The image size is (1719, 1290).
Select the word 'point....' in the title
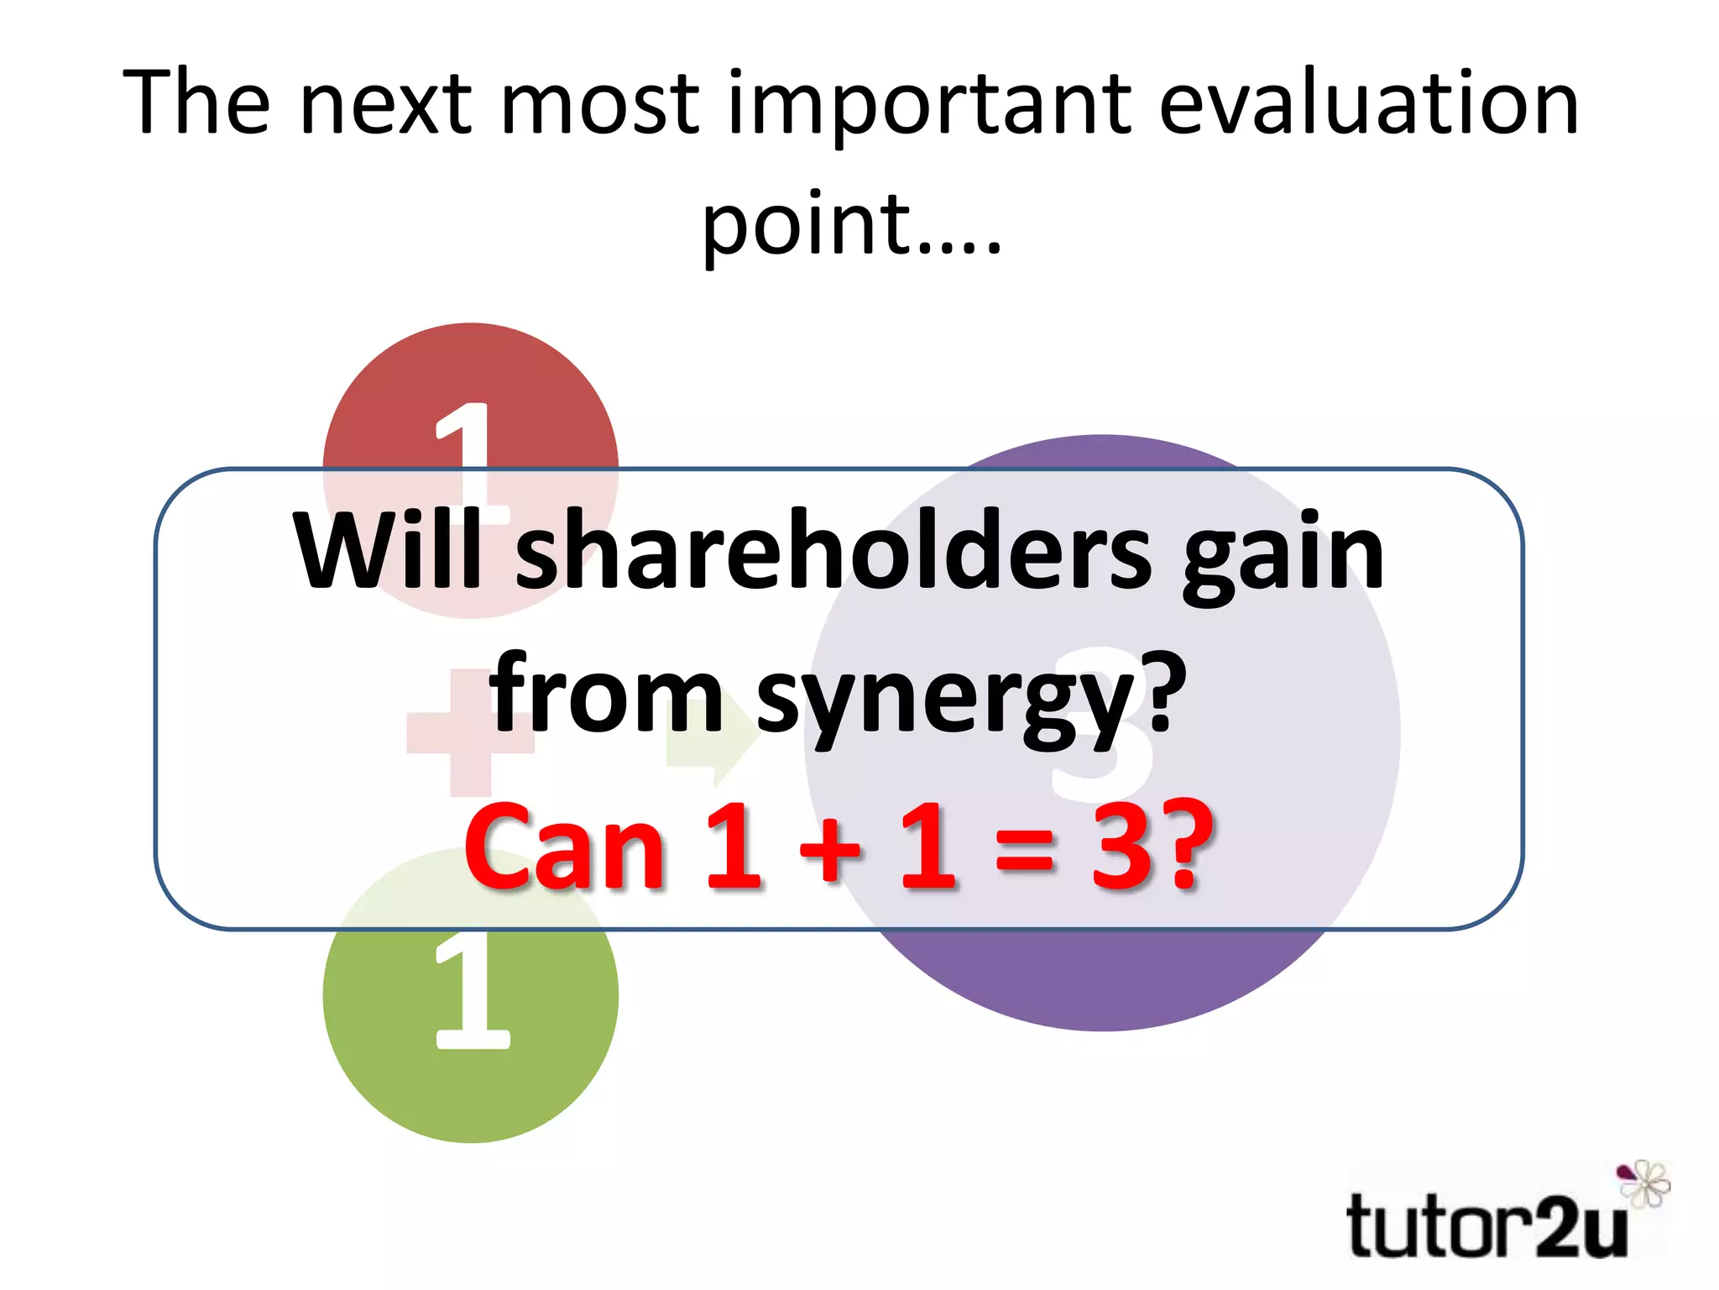click(851, 225)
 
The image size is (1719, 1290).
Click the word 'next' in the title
click(386, 104)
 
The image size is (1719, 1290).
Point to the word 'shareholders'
click(833, 550)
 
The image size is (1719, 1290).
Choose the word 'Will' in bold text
click(388, 550)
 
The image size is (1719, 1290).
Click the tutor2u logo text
click(1486, 1226)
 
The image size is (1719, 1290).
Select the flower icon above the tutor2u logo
click(1643, 1182)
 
